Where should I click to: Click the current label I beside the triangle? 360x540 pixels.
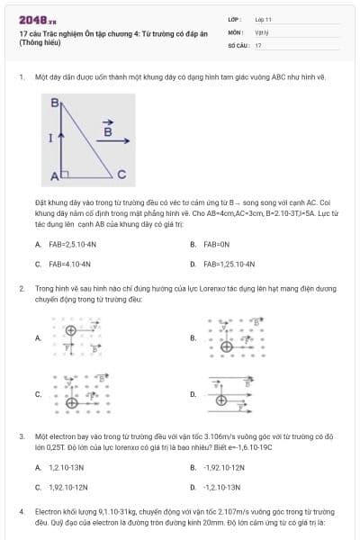[50, 139]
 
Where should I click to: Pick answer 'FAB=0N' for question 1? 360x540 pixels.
[217, 244]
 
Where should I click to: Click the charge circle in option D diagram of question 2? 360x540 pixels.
[221, 393]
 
